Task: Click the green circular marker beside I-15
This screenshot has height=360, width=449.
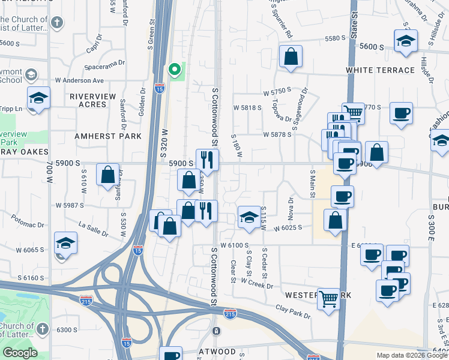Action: point(175,70)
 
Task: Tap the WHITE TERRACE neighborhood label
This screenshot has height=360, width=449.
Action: point(380,70)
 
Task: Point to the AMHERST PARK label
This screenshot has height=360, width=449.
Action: point(108,136)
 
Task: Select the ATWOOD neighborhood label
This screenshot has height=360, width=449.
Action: point(217,352)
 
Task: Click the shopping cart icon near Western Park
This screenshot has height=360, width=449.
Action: point(328,298)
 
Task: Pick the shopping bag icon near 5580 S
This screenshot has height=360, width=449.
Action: point(291,58)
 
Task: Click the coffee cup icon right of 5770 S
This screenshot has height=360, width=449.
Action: point(401,113)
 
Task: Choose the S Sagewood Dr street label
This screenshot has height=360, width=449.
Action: point(299,110)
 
